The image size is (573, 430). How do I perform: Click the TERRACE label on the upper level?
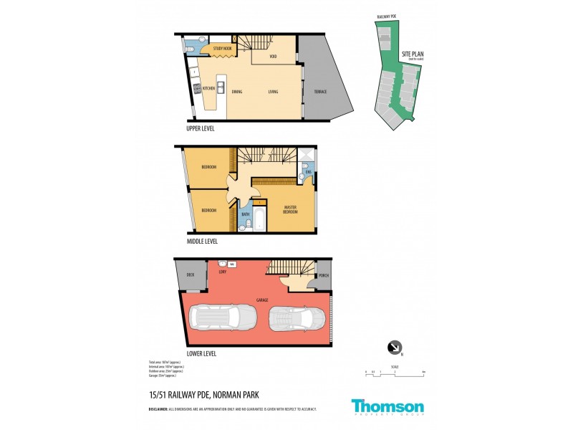319,92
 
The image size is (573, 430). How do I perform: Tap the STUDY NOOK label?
222,49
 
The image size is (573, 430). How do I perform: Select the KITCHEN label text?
209,88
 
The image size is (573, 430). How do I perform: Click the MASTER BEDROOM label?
289,209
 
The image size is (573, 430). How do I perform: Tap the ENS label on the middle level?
307,172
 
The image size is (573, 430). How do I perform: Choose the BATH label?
246,214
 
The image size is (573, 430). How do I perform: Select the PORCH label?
323,275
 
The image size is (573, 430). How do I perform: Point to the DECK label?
191,275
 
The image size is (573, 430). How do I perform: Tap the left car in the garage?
222,316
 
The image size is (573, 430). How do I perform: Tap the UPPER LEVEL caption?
201,129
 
